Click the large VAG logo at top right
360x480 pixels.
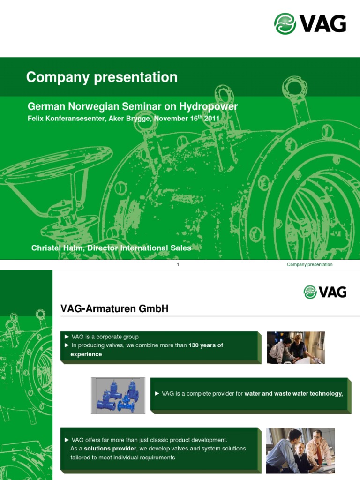point(310,23)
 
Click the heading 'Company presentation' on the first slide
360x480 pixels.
point(102,77)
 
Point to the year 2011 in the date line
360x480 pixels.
point(212,119)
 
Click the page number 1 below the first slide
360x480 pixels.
point(178,265)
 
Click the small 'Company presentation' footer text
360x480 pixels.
point(309,265)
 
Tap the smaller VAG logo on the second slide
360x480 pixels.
point(325,292)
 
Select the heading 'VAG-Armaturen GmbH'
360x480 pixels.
point(114,308)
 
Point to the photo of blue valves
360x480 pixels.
point(118,395)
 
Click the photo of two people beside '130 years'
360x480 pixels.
point(296,347)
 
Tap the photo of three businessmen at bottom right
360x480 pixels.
point(300,450)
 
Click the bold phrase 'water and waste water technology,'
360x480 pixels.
point(293,394)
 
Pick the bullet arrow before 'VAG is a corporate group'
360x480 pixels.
point(67,337)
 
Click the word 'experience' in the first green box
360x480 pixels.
point(86,354)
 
